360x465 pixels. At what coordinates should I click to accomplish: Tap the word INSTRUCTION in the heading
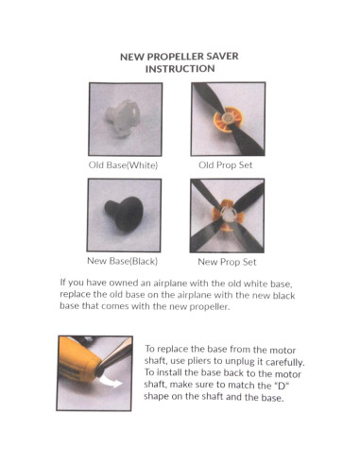pyautogui.click(x=180, y=69)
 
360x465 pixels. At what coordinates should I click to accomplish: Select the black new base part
pyautogui.click(x=124, y=214)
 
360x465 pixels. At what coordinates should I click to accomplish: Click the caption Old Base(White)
pyautogui.click(x=123, y=165)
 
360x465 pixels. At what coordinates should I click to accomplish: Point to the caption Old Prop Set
pyautogui.click(x=226, y=165)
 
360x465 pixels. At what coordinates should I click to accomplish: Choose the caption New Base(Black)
pyautogui.click(x=122, y=261)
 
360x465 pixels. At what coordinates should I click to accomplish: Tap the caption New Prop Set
pyautogui.click(x=227, y=262)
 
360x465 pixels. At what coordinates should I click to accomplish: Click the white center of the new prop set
pyautogui.click(x=229, y=214)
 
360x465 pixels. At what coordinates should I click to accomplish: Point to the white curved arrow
pyautogui.click(x=111, y=380)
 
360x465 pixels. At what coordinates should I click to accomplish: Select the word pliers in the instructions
pyautogui.click(x=198, y=361)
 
